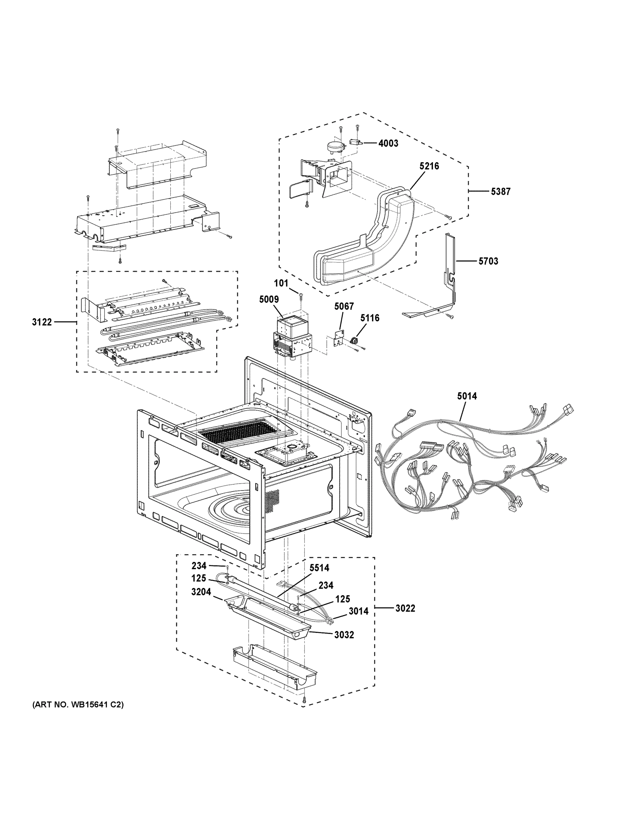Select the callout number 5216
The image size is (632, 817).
(429, 166)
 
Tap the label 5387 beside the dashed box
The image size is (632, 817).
(500, 192)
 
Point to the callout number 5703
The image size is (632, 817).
(488, 261)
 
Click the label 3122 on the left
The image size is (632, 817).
(42, 322)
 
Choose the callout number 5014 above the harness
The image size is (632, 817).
(467, 396)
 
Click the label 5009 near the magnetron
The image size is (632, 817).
(269, 299)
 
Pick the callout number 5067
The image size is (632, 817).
(344, 306)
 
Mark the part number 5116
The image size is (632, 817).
(370, 318)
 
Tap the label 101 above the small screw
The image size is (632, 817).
(281, 283)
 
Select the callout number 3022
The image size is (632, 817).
(405, 609)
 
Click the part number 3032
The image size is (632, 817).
(344, 635)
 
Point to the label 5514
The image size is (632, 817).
(319, 568)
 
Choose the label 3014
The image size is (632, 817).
(358, 611)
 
